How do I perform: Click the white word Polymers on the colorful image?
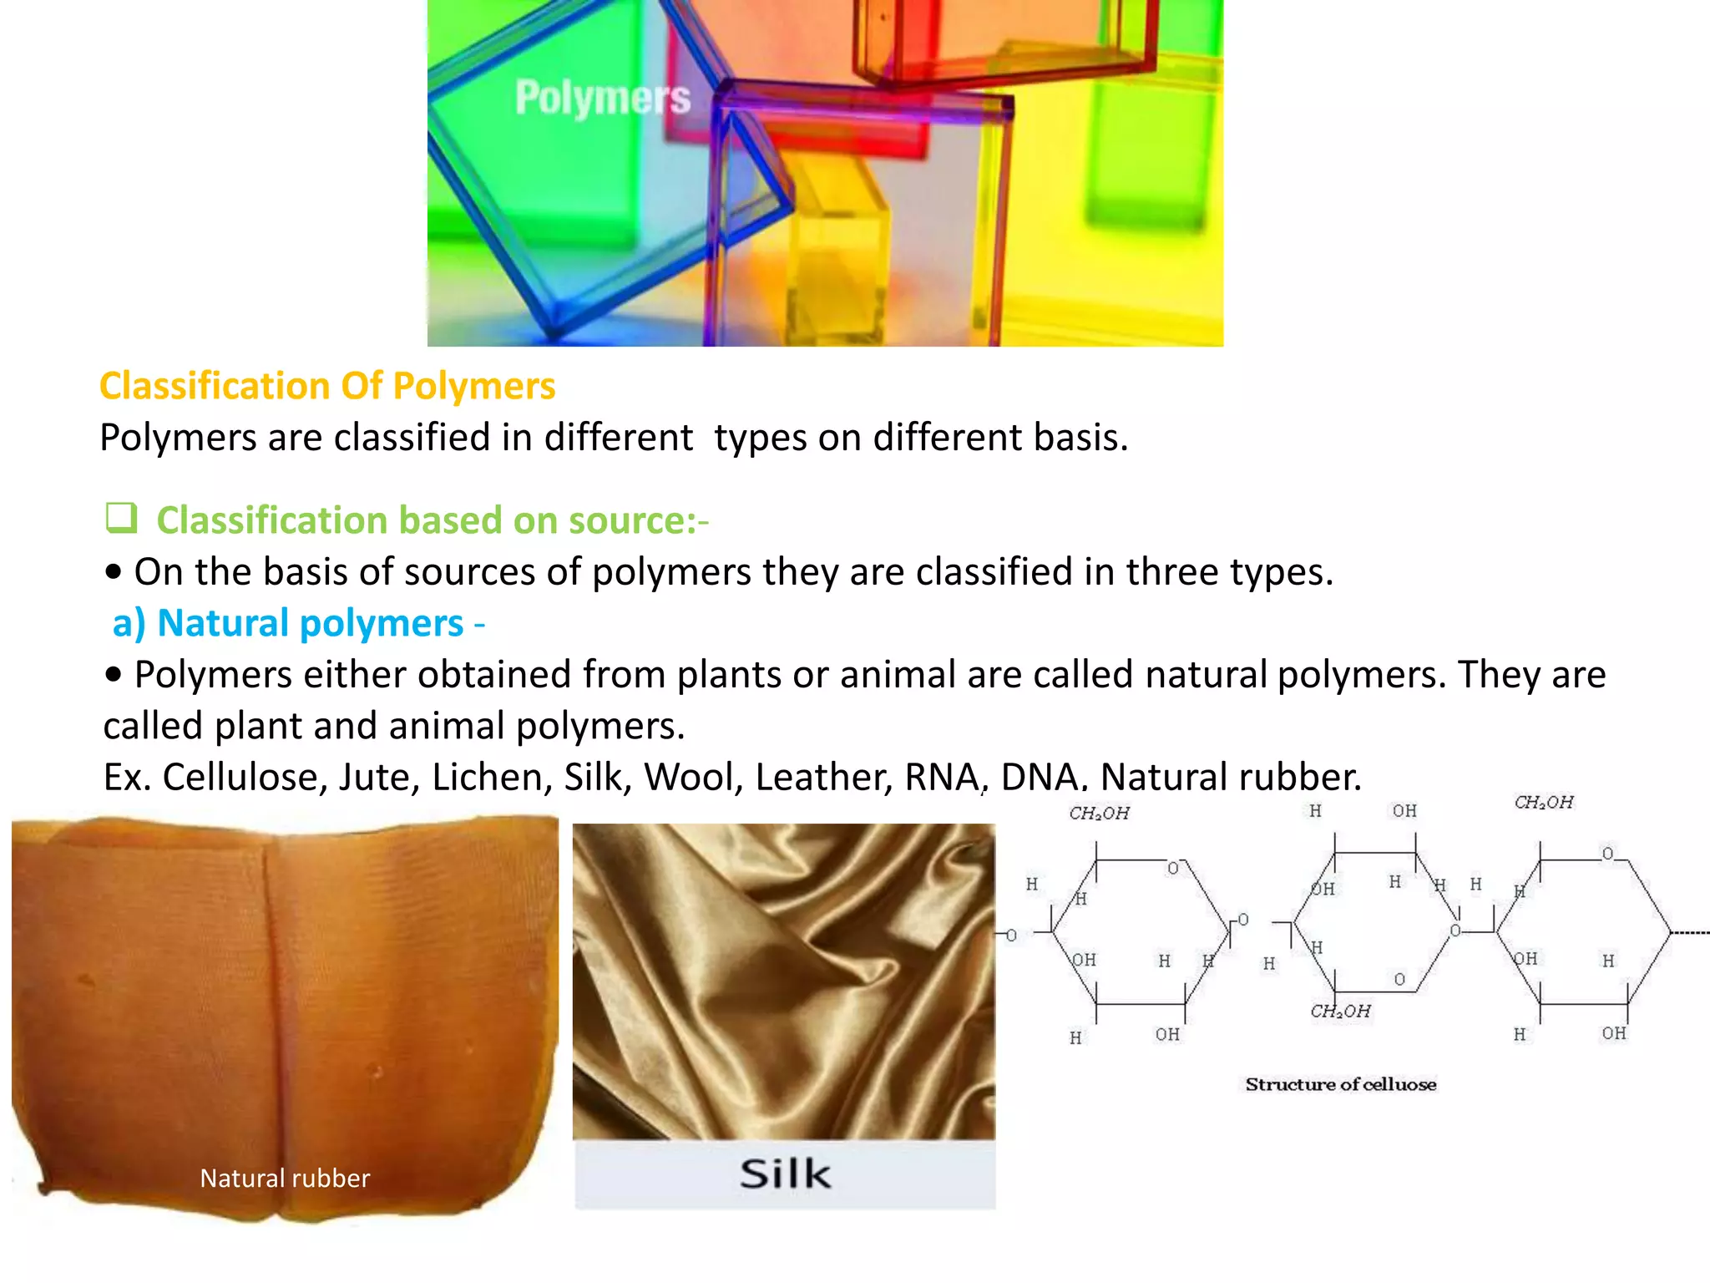(603, 99)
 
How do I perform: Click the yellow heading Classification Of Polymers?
(327, 387)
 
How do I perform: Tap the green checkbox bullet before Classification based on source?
(122, 518)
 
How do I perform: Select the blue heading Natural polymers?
(310, 623)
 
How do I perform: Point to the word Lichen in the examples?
(492, 777)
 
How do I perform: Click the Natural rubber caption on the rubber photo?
(285, 1178)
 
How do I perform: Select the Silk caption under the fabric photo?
(785, 1174)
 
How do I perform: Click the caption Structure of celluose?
(1340, 1084)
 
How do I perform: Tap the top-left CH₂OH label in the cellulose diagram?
(1099, 814)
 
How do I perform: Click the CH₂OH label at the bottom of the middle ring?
(1340, 1012)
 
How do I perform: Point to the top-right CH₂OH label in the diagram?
(1544, 803)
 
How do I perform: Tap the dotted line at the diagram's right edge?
(1691, 932)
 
